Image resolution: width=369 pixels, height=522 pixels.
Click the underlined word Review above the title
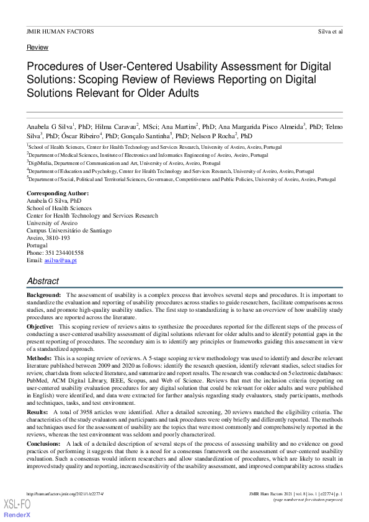coord(37,47)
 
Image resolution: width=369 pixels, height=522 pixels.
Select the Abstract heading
coord(43,281)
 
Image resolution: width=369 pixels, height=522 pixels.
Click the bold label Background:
coord(43,294)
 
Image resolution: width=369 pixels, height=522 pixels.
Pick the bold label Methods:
coord(40,358)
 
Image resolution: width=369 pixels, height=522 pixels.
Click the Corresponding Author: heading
coord(58,193)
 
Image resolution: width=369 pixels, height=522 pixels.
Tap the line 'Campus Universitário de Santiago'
coord(69,231)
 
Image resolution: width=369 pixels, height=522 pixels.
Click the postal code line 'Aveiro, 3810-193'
coord(48,238)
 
